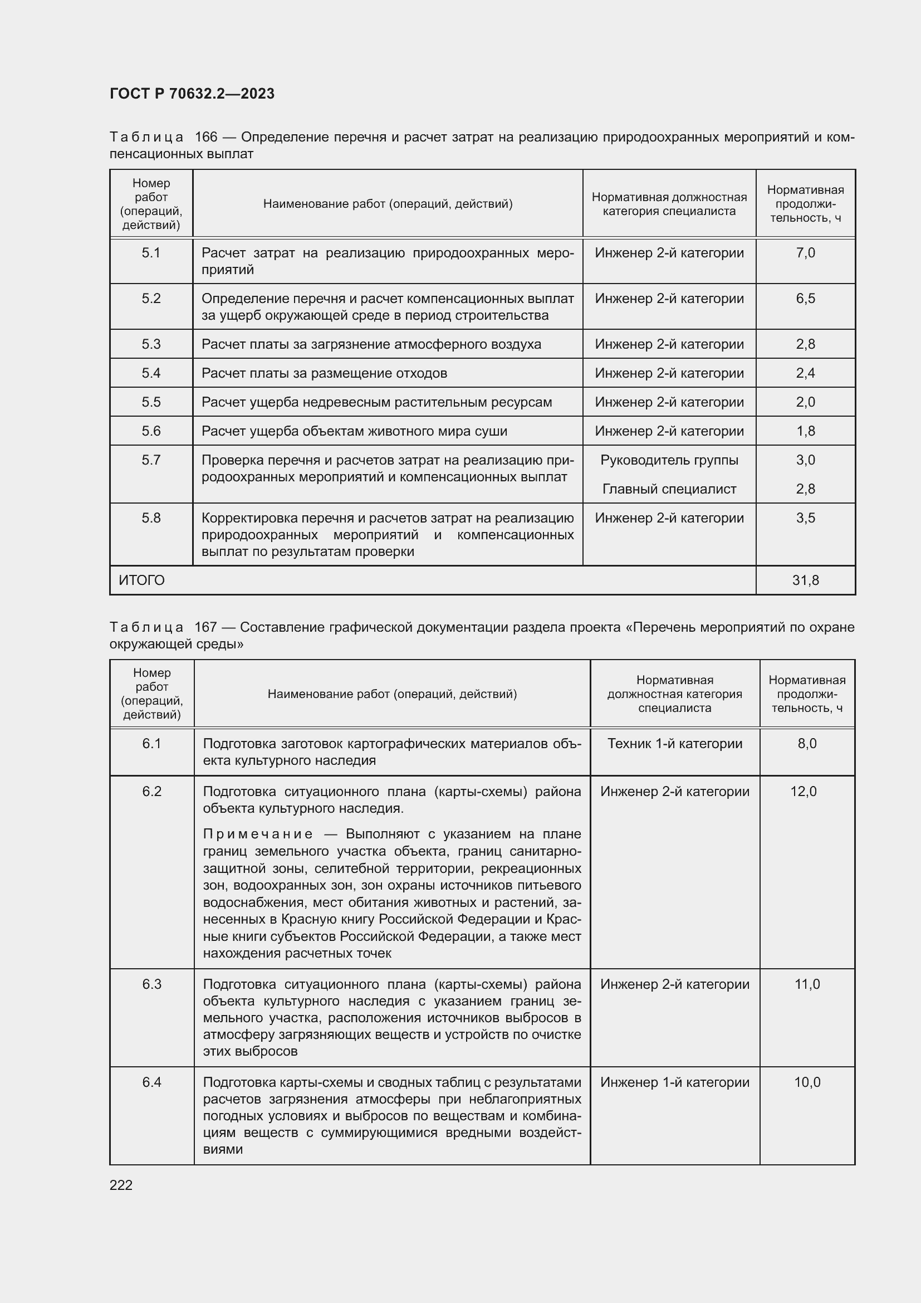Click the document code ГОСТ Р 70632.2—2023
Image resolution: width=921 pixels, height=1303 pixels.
click(192, 94)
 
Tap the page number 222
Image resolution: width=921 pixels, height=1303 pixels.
click(121, 1185)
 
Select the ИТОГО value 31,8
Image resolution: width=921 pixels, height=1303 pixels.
click(805, 580)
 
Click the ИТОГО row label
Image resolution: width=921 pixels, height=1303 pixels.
click(142, 580)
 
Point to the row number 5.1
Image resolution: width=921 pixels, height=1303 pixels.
click(151, 252)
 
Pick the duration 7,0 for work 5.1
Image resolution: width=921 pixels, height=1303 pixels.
click(805, 252)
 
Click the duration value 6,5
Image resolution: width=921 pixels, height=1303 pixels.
click(805, 299)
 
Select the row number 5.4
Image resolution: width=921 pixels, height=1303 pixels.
click(151, 373)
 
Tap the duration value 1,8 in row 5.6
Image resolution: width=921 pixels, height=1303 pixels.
click(805, 431)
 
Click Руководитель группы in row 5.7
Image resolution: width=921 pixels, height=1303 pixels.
click(669, 460)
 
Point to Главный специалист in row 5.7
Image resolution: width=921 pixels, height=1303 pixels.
click(669, 489)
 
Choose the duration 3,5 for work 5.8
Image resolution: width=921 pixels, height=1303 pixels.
click(805, 518)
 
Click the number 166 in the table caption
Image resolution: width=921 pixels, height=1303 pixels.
click(206, 137)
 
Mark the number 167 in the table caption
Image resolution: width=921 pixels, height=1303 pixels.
click(205, 627)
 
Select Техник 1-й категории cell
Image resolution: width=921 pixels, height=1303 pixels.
click(674, 744)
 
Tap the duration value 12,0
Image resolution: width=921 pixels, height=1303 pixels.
click(803, 791)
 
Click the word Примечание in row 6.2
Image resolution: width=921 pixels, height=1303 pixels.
click(257, 834)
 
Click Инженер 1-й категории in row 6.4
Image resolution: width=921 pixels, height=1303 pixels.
click(674, 1082)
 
